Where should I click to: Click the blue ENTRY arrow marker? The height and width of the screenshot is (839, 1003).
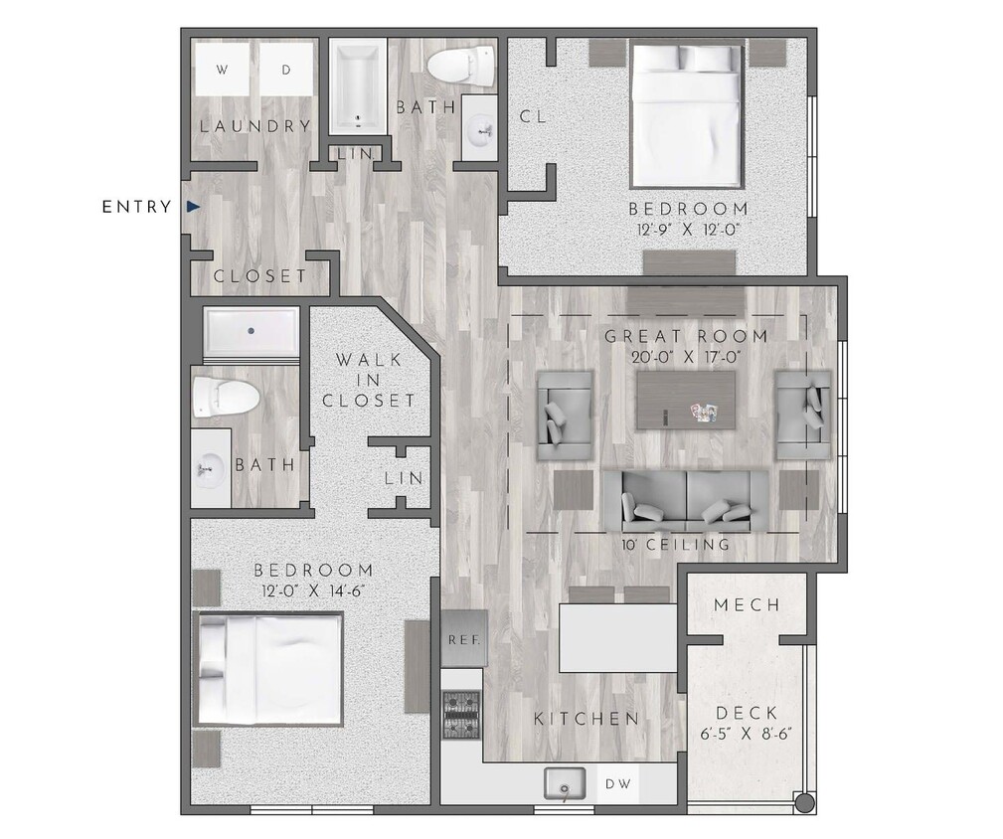click(x=193, y=207)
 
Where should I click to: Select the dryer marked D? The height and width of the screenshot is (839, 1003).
click(x=285, y=71)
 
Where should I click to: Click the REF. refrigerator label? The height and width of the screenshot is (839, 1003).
click(x=464, y=639)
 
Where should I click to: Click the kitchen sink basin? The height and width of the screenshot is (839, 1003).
click(x=567, y=786)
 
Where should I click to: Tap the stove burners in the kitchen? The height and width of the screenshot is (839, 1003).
click(x=461, y=710)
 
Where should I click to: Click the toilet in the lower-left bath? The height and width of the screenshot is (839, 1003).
click(x=227, y=397)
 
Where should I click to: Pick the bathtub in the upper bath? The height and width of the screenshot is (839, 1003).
click(x=357, y=87)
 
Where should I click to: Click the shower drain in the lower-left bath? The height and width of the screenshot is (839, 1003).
click(x=251, y=331)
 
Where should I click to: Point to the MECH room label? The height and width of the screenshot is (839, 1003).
click(x=747, y=605)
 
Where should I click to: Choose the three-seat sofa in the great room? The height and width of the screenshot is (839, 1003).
click(x=686, y=500)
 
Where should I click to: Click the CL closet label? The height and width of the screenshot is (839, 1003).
click(x=533, y=116)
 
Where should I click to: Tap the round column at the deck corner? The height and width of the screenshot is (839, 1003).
click(x=806, y=803)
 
